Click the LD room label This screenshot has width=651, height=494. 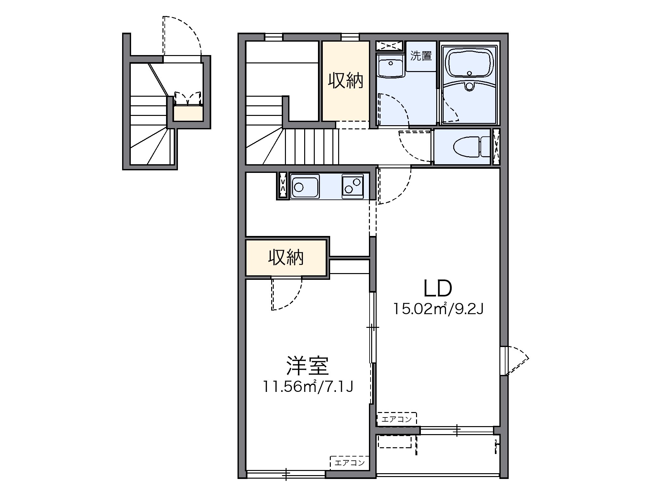(x=438, y=288)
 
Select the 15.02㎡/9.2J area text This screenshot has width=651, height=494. (x=438, y=309)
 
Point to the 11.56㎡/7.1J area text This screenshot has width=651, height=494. (x=308, y=387)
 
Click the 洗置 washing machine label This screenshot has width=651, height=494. (x=421, y=56)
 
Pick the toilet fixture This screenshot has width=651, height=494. (x=472, y=147)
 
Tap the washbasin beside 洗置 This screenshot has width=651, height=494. (x=391, y=66)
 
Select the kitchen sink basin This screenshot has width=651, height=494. (x=304, y=186)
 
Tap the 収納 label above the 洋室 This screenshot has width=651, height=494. (x=286, y=257)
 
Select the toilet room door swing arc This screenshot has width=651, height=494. (x=413, y=147)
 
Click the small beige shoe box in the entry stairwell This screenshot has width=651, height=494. (x=188, y=113)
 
